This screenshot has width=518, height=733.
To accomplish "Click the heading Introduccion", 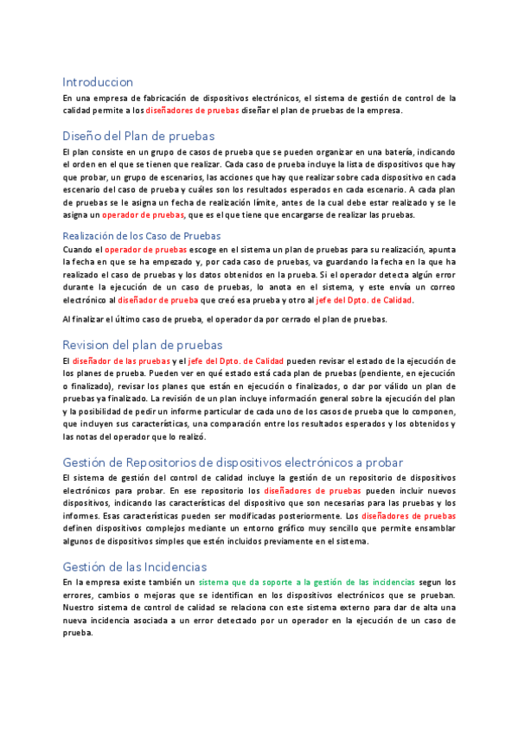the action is point(98,82).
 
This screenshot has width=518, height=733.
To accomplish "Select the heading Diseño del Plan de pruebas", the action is point(138,136).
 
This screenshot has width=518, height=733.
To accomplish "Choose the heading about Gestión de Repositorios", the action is point(233,462).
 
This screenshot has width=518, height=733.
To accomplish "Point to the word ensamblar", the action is point(432,529).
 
